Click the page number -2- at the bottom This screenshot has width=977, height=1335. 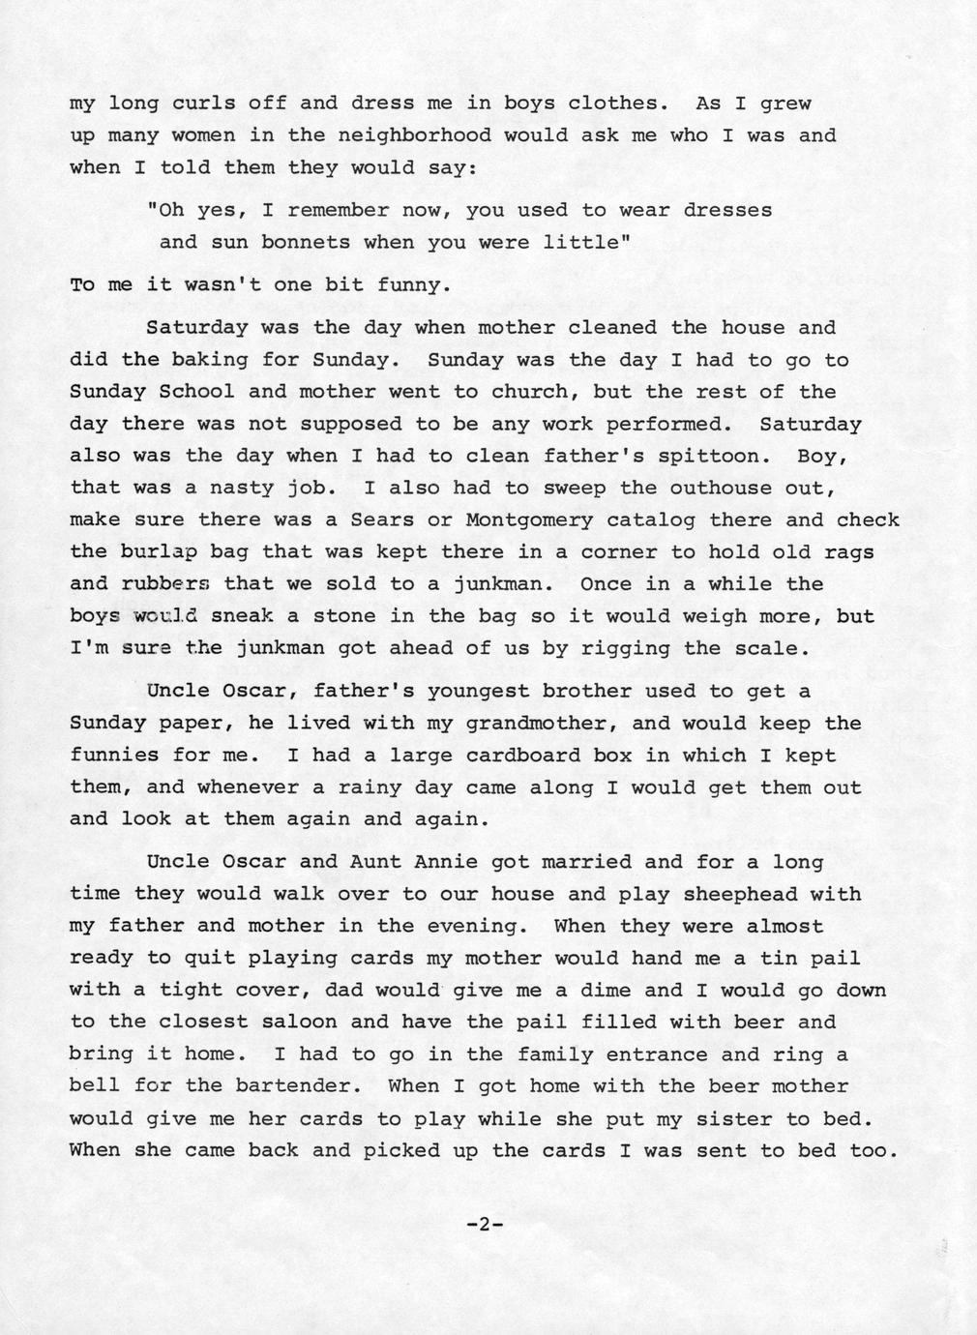(x=485, y=1225)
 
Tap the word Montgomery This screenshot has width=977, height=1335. (x=529, y=520)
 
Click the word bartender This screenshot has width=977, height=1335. (x=299, y=1086)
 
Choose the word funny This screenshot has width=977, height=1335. (x=414, y=286)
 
